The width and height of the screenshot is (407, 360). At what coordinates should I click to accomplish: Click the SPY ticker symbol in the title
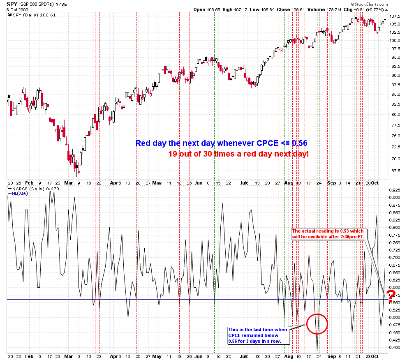coord(13,4)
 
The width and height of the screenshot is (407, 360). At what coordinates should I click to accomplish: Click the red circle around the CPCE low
coord(317,323)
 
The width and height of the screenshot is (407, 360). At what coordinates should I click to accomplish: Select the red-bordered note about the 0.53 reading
coord(328,233)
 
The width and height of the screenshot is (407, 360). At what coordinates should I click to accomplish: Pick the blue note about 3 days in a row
coord(259,335)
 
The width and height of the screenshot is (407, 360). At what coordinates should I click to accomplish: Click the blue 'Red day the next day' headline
coord(222,143)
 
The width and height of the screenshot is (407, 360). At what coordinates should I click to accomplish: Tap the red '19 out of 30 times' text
coord(238,154)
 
